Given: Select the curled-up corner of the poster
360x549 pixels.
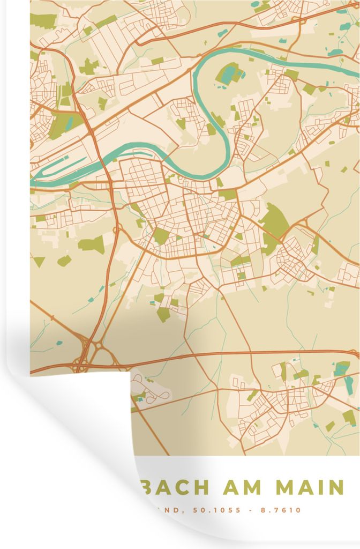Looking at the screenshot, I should point(80,429).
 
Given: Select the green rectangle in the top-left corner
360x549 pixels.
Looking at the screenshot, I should point(43,21).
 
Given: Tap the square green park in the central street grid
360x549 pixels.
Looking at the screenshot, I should point(160,236).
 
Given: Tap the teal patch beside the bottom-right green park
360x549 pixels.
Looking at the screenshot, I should point(341,369).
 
